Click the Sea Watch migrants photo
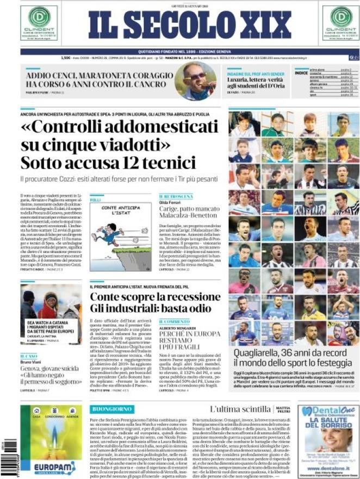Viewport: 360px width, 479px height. point(51,303)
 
